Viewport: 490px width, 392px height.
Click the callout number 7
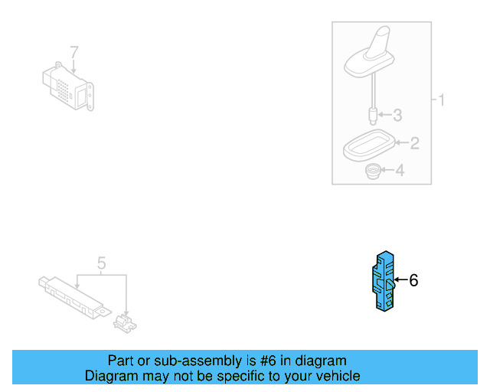74,53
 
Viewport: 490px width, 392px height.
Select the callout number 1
440,100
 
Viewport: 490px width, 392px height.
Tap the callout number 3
397,116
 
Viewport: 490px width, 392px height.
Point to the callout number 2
414,142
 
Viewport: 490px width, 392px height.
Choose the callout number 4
399,171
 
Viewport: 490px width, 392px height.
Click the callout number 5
101,264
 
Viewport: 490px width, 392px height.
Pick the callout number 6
413,280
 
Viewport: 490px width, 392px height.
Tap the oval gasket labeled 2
367,145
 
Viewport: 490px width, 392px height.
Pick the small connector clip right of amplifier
124,322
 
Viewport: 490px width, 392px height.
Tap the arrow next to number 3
385,116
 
